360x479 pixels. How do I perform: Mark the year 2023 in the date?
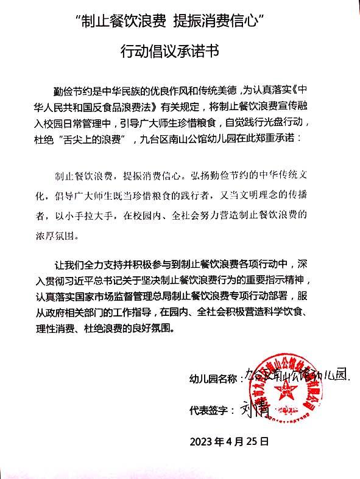[202, 440]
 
